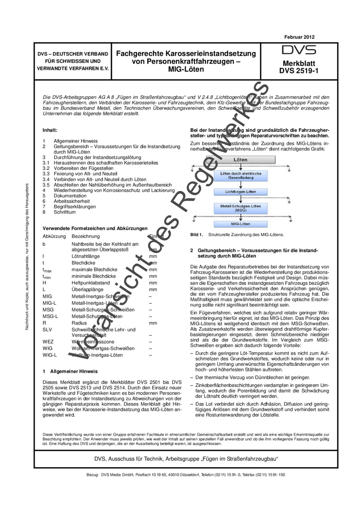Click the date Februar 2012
pos(299,37)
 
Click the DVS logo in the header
pos(299,50)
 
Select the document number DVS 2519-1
pos(299,71)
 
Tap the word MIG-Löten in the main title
pos(186,69)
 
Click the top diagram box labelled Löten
pos(240,159)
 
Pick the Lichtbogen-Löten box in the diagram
pos(240,192)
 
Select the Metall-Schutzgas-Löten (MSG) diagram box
pos(240,208)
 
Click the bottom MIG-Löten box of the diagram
pos(240,224)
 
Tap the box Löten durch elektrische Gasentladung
pos(240,176)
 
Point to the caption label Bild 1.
pos(197,235)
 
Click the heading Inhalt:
pos(50,130)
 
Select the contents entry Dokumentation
pos(70,196)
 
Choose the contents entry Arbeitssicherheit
pos(72,201)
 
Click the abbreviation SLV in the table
pos(47,330)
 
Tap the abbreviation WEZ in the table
pos(48,342)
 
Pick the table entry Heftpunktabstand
pos(91,283)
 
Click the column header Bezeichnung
pos(86,236)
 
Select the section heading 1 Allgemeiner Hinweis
pos(70,371)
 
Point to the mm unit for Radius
pos(153,323)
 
